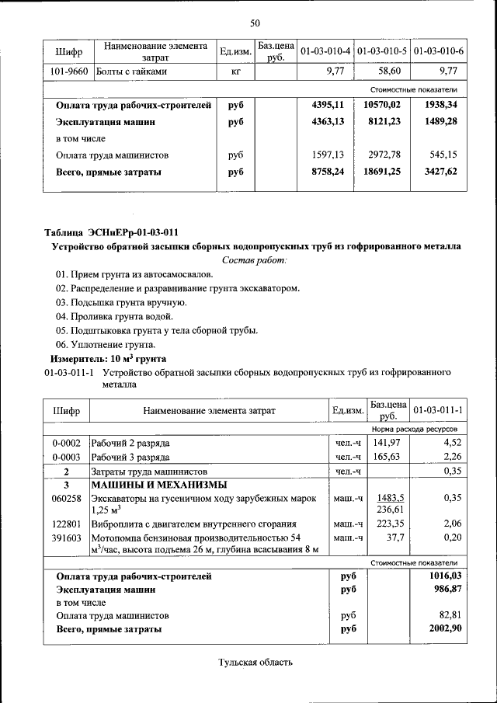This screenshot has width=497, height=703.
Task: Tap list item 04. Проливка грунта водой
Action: (x=113, y=316)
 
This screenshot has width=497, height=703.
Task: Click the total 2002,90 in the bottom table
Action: (x=445, y=628)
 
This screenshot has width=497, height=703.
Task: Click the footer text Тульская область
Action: (x=255, y=663)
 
